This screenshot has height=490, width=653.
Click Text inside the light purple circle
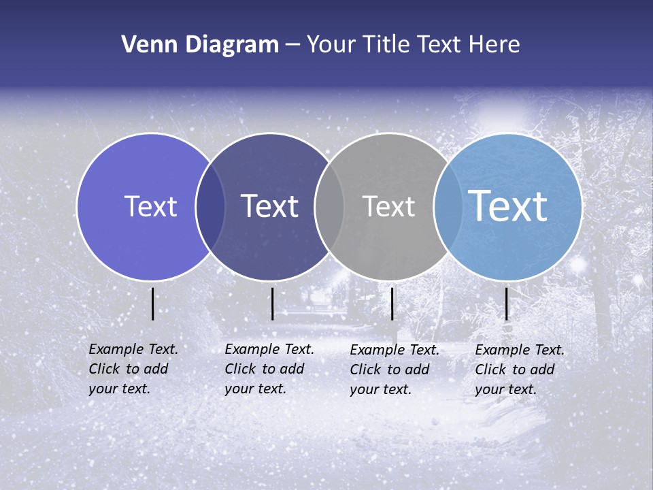tap(150, 206)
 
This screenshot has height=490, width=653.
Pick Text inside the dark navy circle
tap(269, 206)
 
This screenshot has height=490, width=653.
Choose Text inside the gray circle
tap(388, 206)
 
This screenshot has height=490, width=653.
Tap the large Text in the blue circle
tap(507, 206)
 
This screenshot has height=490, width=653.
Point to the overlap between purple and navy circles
tap(210, 206)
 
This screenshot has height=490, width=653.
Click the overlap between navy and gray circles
tap(329, 206)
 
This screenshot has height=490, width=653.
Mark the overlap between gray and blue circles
tap(448, 206)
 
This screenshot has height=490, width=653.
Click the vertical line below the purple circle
tap(152, 304)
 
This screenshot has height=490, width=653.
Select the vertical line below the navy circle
tap(272, 304)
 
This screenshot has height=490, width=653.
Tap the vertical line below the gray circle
tap(392, 304)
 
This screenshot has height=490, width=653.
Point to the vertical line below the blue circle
tap(506, 304)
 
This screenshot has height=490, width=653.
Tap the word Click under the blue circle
tap(492, 370)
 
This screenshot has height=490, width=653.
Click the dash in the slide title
tap(292, 46)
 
